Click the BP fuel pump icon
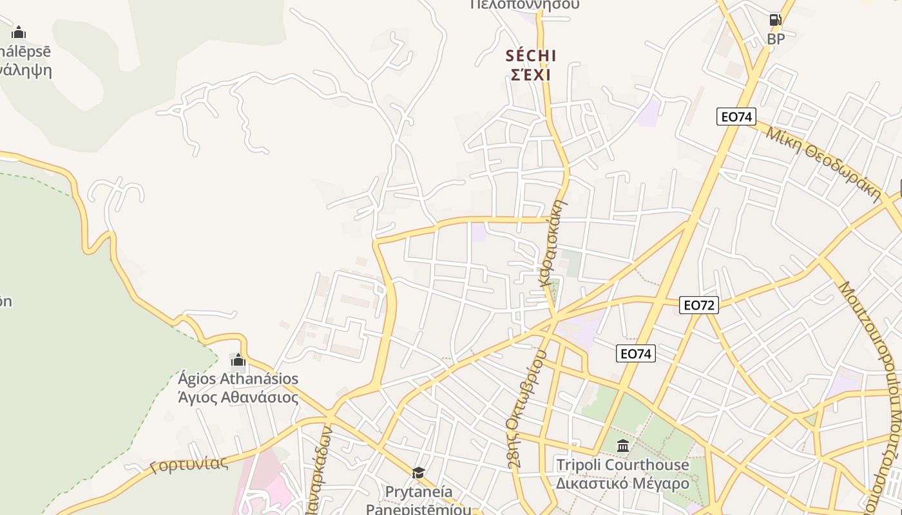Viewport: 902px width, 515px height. tap(776, 19)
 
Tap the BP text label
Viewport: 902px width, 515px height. tap(776, 39)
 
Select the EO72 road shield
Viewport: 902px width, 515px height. tap(699, 305)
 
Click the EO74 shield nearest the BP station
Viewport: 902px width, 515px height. tap(736, 117)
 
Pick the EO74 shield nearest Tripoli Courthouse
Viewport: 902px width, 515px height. tap(636, 353)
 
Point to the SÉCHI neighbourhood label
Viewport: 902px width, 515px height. tap(531, 56)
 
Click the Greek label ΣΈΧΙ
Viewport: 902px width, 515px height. tap(531, 75)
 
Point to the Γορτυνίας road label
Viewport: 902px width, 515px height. tap(189, 464)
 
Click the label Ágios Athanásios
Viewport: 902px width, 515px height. tap(238, 379)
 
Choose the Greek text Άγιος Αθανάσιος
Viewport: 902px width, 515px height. tap(238, 397)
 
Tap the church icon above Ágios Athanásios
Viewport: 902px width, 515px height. tap(238, 360)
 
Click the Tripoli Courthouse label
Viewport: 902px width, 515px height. tap(622, 465)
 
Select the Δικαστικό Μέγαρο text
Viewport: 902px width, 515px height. tap(622, 483)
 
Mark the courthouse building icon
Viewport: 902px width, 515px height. tap(622, 445)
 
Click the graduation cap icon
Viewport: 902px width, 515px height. tap(418, 473)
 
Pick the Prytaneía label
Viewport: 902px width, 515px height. tap(418, 492)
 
